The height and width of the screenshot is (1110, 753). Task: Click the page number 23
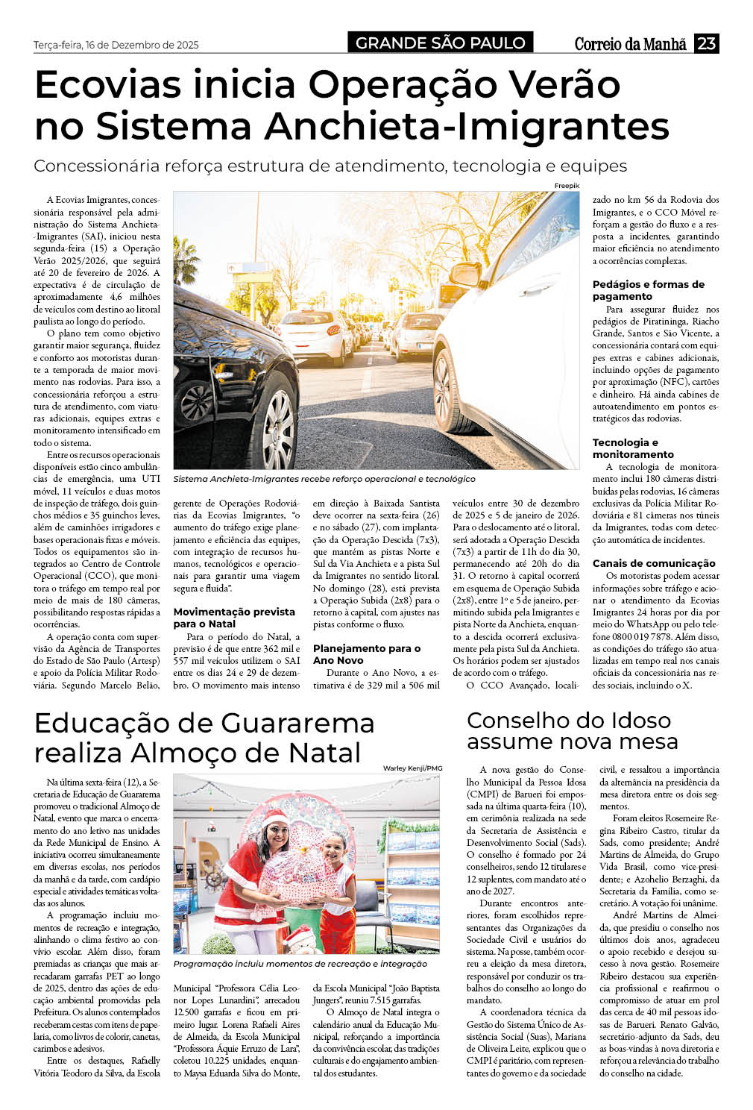[x=705, y=43]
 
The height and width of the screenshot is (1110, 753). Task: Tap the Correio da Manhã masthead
[x=630, y=44]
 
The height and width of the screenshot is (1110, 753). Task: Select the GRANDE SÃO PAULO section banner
[x=440, y=43]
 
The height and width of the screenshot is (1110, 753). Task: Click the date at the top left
[x=116, y=45]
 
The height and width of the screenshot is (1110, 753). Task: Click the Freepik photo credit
[x=567, y=185]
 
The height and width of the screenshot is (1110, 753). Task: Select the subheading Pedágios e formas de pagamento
[x=648, y=290]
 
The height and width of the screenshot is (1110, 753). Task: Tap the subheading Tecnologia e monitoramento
[x=633, y=448]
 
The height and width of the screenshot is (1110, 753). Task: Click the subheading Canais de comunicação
[x=654, y=563]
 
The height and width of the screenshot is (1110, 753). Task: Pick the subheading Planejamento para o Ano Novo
[x=366, y=654]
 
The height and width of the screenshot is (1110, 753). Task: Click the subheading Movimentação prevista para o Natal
[x=234, y=618]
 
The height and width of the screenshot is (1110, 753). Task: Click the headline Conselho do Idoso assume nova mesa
[x=572, y=730]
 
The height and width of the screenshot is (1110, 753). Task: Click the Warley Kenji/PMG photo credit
[x=412, y=768]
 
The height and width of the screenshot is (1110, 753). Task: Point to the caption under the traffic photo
[x=324, y=479]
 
